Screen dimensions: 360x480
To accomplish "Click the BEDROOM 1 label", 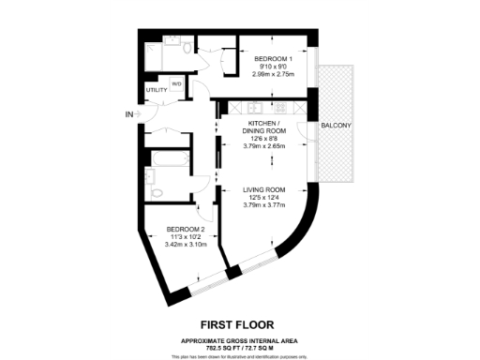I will pyautogui.click(x=274, y=59).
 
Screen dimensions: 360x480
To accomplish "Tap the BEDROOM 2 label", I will pyautogui.click(x=186, y=228).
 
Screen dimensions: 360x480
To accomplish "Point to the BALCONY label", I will pyautogui.click(x=337, y=125).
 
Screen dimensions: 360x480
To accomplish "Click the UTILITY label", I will pyautogui.click(x=156, y=90).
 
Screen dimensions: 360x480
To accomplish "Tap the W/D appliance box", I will pyautogui.click(x=176, y=83).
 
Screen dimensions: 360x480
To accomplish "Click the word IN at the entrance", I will pyautogui.click(x=128, y=114).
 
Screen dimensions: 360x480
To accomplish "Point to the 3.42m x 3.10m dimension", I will pyautogui.click(x=186, y=244).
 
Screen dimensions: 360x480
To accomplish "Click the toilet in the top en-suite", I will pyautogui.click(x=187, y=47).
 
